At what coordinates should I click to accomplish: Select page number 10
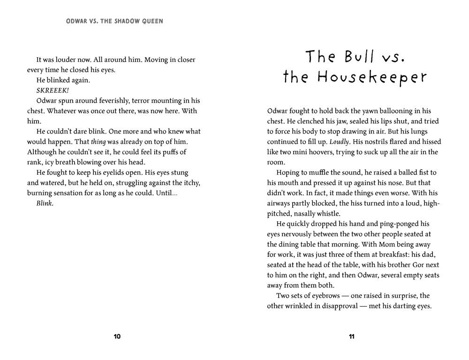click(x=117, y=337)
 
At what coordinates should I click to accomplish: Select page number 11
click(x=352, y=337)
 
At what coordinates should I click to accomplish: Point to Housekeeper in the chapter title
click(x=373, y=77)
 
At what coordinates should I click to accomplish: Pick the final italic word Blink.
click(x=45, y=203)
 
